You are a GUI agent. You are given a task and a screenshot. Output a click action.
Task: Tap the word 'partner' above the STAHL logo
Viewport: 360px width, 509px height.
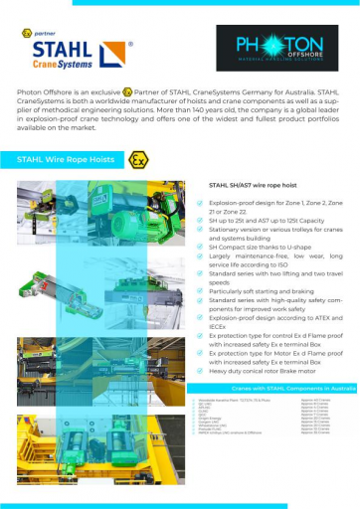click(x=47, y=33)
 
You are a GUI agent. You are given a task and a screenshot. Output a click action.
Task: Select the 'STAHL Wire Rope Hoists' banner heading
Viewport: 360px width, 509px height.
click(x=65, y=159)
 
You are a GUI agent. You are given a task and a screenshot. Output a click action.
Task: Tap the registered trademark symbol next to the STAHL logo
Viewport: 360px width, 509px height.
click(x=133, y=46)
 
